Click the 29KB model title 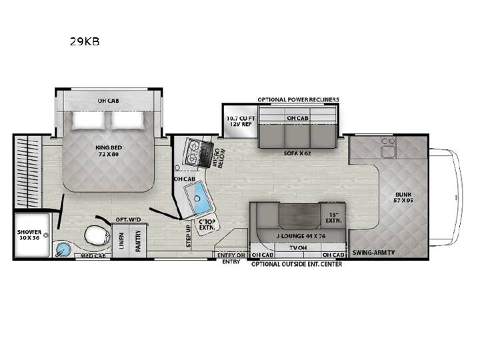point(85,41)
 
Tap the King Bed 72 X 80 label point(109,151)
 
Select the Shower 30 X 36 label point(29,235)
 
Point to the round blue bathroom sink point(63,249)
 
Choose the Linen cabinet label point(121,241)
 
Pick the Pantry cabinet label point(138,241)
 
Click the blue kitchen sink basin point(203,197)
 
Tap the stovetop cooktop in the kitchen point(198,152)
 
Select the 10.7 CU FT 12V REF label point(241,121)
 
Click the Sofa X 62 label point(297,153)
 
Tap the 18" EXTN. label point(333,217)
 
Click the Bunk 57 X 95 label point(403,197)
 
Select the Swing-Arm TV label point(373,253)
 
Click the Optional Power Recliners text point(298,99)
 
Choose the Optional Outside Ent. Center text point(297,264)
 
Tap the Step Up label point(188,236)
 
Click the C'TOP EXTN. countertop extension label point(207,225)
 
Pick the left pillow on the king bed point(88,120)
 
